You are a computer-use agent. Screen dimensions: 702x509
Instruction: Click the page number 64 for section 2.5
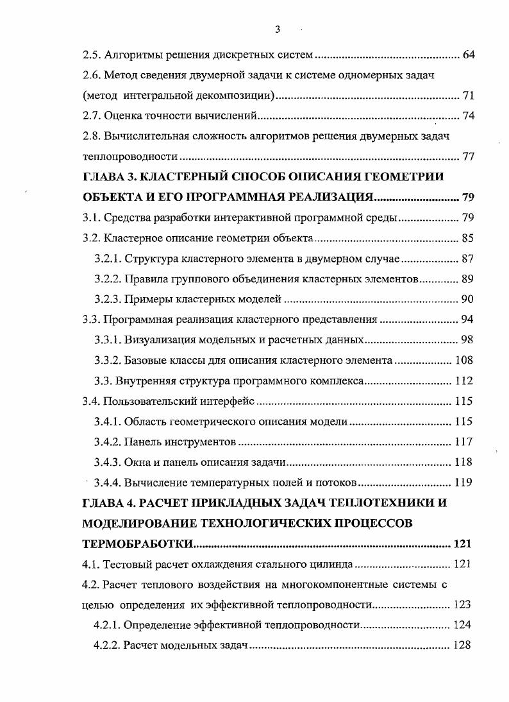(468, 54)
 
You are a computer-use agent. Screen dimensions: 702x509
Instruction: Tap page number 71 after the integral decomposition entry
(468, 96)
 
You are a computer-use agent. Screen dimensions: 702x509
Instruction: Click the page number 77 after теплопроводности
(468, 157)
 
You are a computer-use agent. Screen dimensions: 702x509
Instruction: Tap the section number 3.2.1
(107, 259)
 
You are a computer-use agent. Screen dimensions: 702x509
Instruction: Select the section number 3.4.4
(107, 483)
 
